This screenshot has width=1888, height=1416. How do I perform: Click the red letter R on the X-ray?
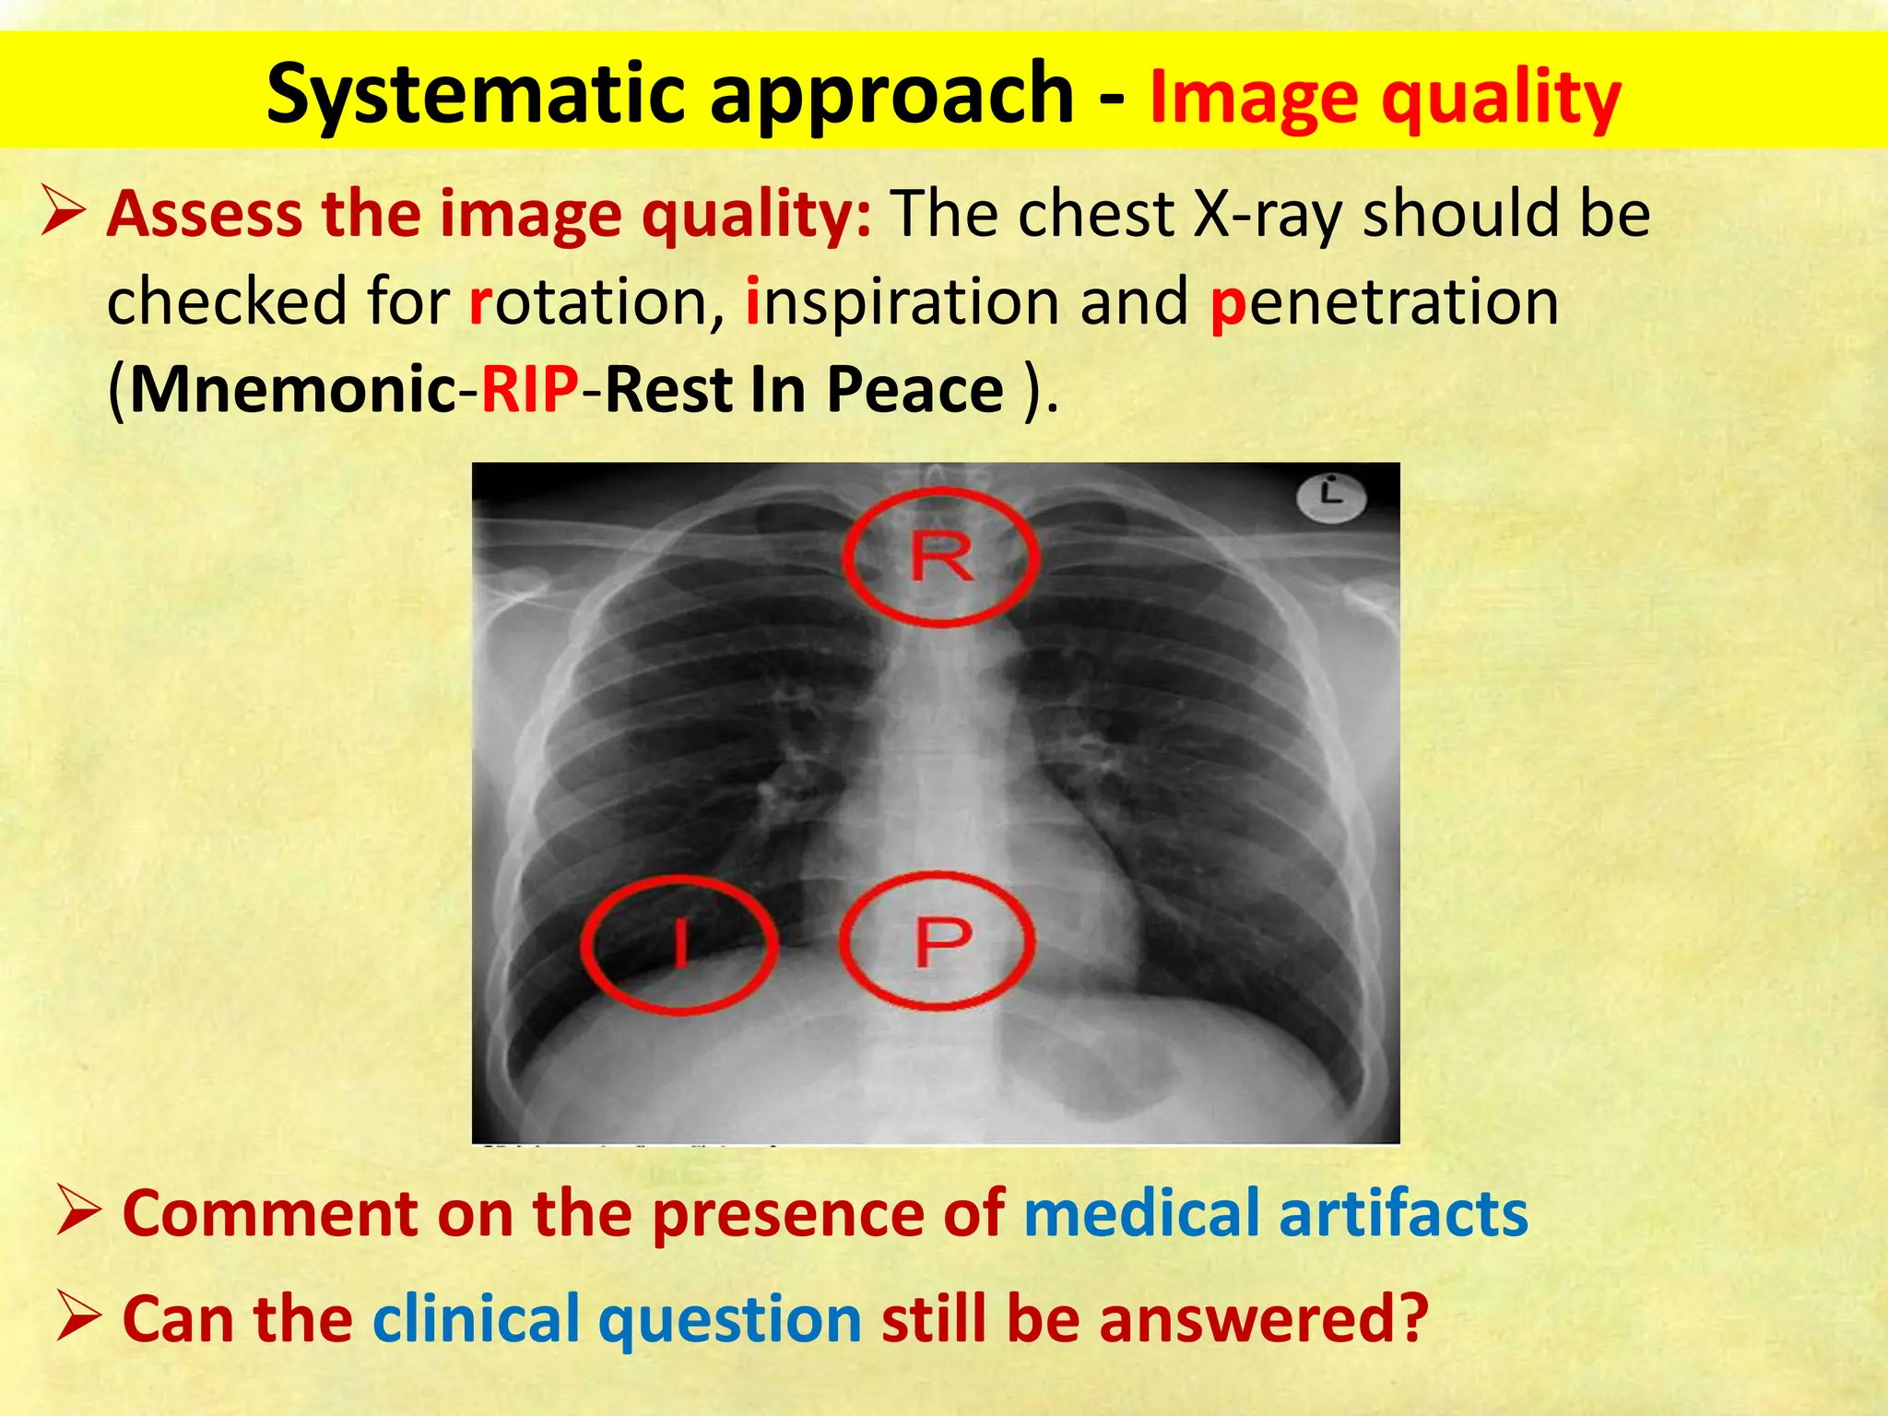[x=941, y=557]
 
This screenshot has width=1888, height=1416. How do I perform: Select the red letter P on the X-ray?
[x=941, y=941]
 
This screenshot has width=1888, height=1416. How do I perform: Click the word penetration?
[x=1384, y=302]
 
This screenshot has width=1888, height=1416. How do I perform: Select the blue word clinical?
[x=476, y=1318]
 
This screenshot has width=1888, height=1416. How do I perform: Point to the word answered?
[x=1263, y=1318]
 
